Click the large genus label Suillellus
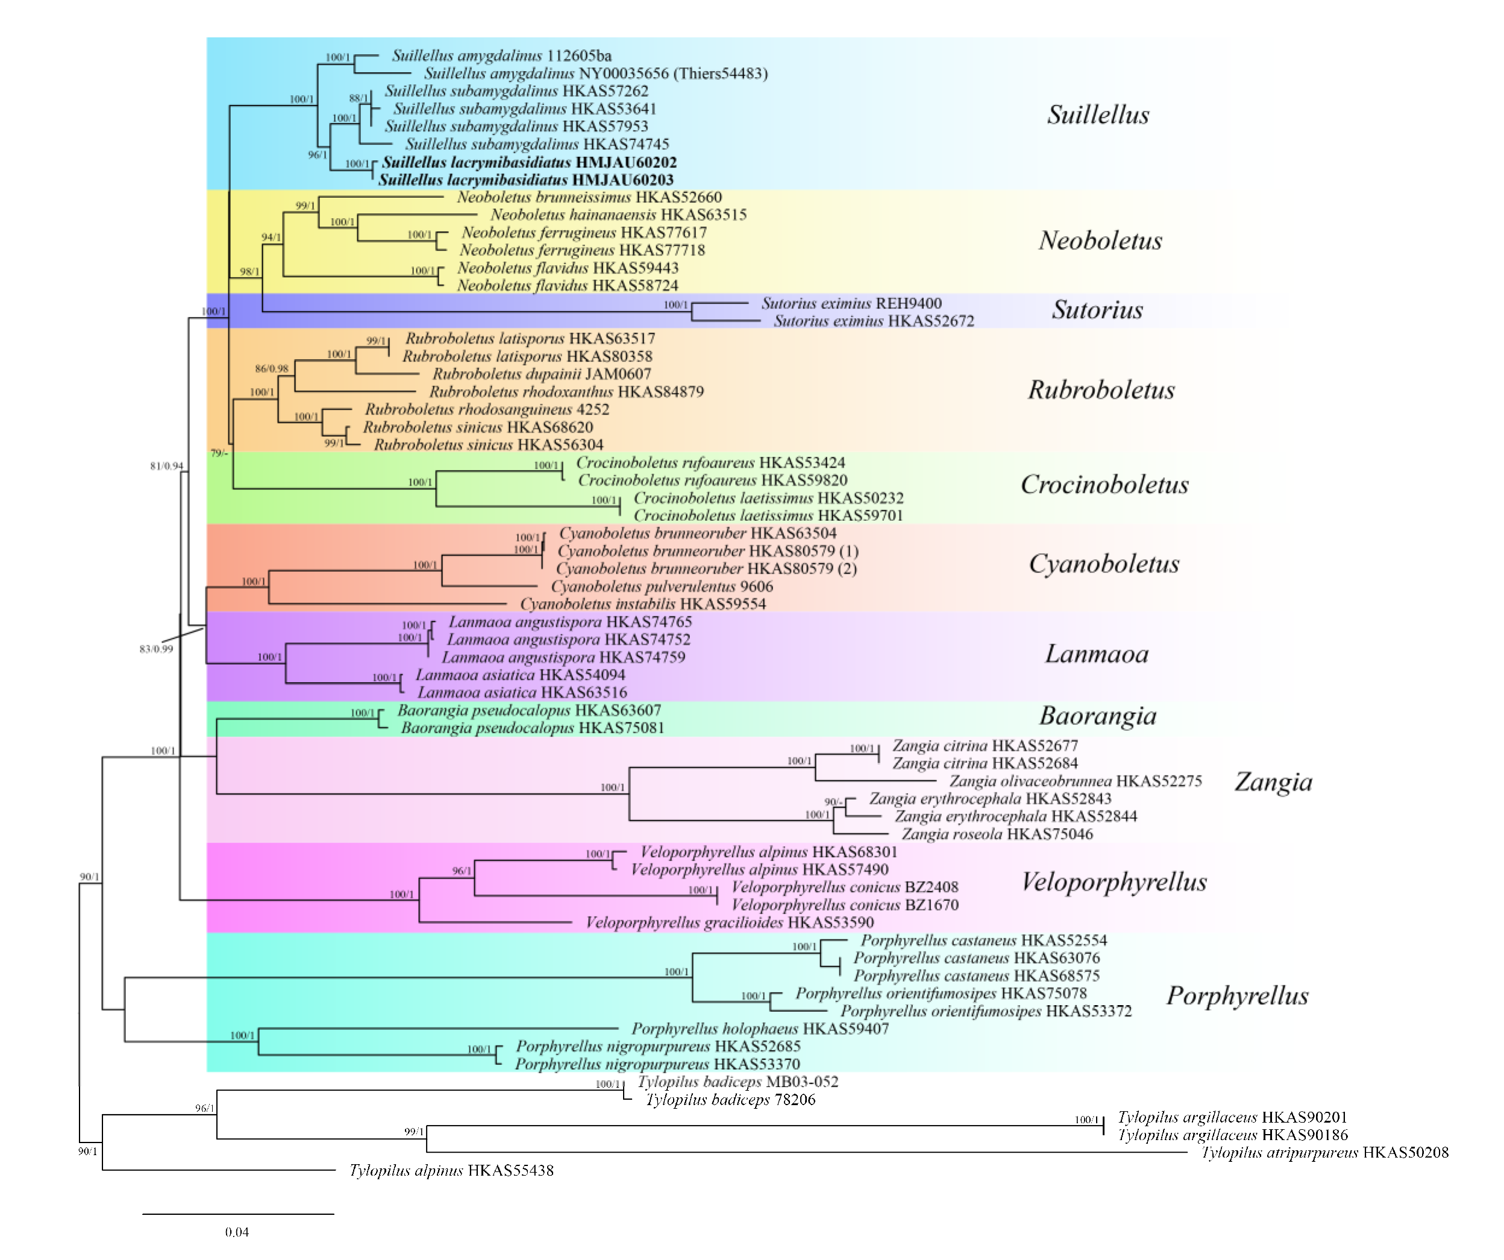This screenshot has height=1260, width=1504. tap(1098, 114)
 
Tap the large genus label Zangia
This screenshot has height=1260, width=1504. tap(1273, 782)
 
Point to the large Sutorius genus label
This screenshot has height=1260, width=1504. tap(1097, 310)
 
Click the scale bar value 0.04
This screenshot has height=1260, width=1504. tap(237, 1232)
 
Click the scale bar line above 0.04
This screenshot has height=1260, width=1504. tap(239, 1214)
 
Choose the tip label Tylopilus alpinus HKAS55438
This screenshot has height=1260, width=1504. tap(451, 1170)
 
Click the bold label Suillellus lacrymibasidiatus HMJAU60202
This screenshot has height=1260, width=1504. tap(529, 163)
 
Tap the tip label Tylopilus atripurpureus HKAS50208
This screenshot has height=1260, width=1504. tap(1325, 1153)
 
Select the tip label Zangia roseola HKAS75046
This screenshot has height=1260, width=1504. tap(997, 834)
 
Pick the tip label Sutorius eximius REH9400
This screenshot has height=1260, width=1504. tap(851, 303)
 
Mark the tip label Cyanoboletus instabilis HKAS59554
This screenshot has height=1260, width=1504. tap(642, 604)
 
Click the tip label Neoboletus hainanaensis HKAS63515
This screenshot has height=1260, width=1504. tap(618, 215)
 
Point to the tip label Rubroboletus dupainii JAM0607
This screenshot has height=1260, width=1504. tap(542, 374)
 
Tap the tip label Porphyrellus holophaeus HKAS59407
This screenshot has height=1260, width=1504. tap(760, 1029)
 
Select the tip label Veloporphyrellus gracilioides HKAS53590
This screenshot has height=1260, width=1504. tap(730, 923)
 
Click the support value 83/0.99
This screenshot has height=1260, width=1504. tap(156, 649)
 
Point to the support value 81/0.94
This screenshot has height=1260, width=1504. tap(166, 466)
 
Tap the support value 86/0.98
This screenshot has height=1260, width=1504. tap(271, 369)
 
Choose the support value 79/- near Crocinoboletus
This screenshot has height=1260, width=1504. tap(219, 453)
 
